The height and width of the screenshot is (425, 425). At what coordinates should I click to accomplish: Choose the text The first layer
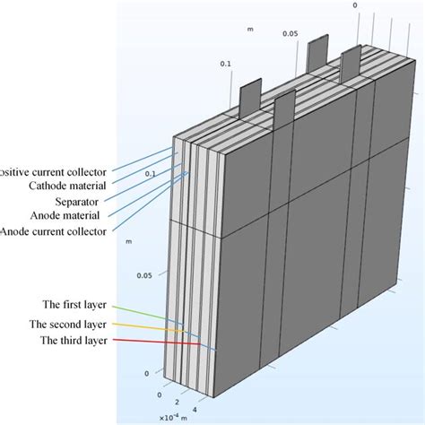80,305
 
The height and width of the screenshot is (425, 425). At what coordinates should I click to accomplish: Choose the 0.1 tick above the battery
224,64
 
